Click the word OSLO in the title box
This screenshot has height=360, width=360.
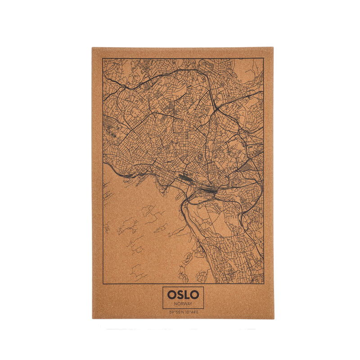click(x=183, y=295)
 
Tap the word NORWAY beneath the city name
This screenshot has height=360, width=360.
click(x=183, y=304)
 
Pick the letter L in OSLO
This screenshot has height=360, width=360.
click(x=186, y=295)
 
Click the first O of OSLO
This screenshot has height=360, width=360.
click(x=172, y=295)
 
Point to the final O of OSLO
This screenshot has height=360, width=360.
click(x=194, y=295)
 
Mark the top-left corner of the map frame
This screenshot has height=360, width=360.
click(x=103, y=58)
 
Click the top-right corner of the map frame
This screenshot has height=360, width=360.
click(x=264, y=58)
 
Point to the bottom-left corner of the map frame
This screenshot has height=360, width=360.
click(x=103, y=284)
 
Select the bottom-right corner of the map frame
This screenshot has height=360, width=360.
click(x=264, y=284)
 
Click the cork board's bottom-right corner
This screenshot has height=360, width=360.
click(x=274, y=319)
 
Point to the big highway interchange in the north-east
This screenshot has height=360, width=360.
click(x=216, y=108)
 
